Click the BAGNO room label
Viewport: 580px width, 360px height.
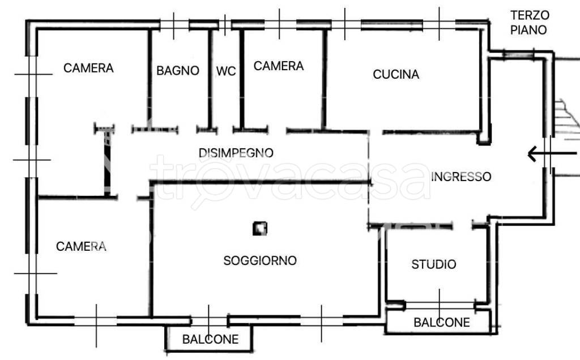click(178, 71)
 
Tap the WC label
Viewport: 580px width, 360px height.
click(226, 71)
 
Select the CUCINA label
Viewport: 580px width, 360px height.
click(396, 74)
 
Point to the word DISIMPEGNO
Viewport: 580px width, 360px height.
click(236, 153)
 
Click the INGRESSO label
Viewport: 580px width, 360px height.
click(461, 177)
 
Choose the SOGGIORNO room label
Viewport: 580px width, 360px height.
click(260, 261)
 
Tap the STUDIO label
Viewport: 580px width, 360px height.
click(434, 264)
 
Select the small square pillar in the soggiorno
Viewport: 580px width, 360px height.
click(260, 229)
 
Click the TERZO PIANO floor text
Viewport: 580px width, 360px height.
click(528, 23)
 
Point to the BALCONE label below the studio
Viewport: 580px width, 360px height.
click(442, 323)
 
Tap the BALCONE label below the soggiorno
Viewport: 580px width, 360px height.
click(210, 340)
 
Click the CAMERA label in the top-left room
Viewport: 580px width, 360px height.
click(88, 68)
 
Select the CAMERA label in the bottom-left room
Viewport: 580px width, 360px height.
click(81, 246)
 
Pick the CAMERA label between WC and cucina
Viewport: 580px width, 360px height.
click(278, 66)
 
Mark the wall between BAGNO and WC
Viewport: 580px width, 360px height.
click(210, 79)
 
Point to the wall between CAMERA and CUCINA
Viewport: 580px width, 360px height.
click(324, 79)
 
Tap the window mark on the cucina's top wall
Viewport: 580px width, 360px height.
click(440, 24)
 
